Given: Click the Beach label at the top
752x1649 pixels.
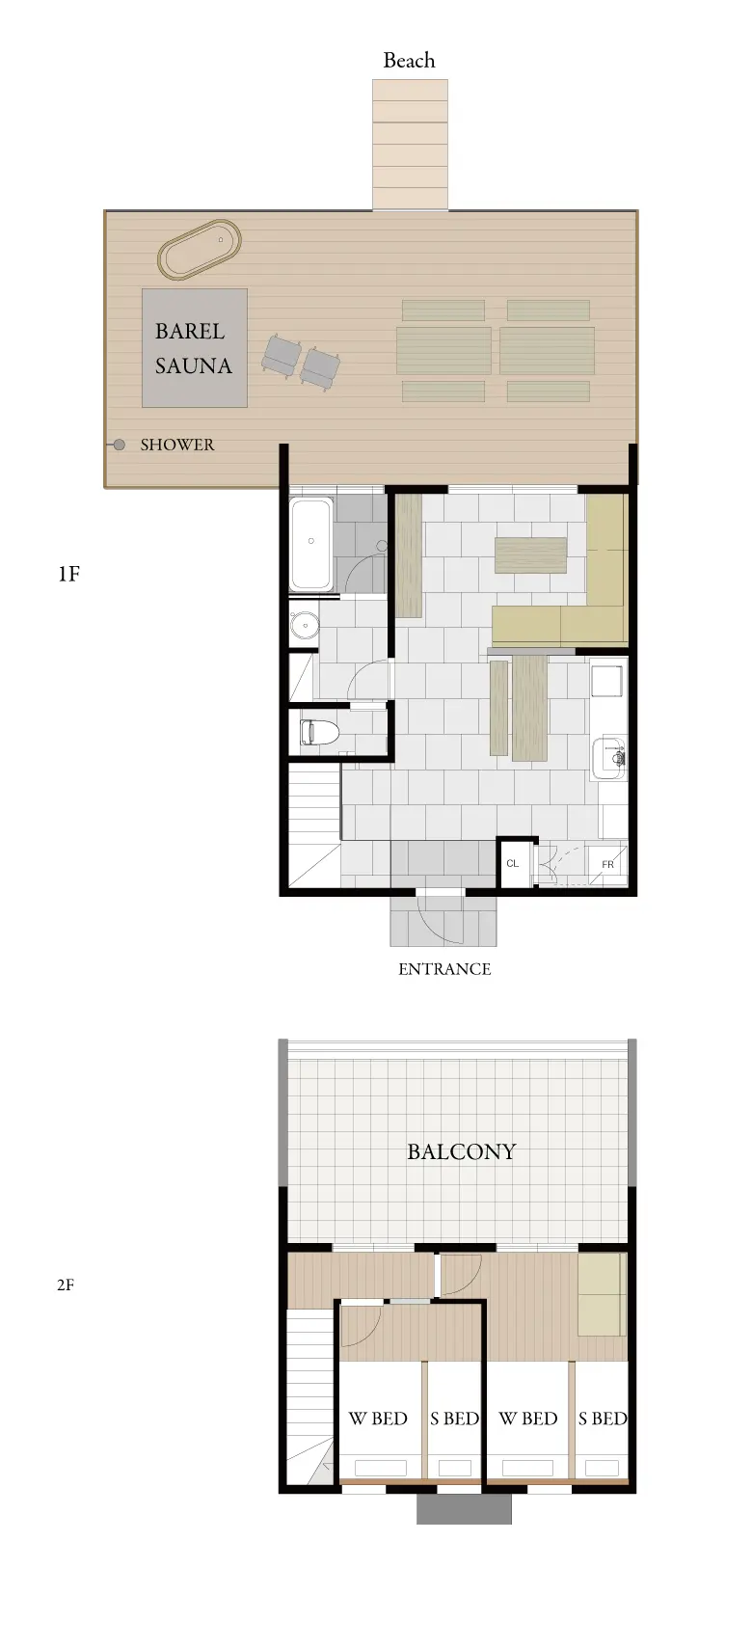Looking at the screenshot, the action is (409, 61).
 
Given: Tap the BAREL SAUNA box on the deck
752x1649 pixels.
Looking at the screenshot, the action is (194, 347).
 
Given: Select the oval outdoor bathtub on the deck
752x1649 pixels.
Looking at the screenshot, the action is (200, 249).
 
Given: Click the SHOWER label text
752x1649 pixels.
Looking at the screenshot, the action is (177, 445).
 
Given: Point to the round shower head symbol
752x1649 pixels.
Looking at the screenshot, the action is (120, 445).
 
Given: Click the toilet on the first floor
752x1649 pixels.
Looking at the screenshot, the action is (319, 733).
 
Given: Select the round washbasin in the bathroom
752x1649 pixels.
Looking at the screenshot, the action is (303, 626).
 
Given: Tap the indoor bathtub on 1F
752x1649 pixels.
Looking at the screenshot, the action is (311, 544).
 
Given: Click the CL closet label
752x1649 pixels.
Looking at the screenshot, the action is (513, 863).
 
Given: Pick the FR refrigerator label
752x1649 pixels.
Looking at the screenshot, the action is (607, 864).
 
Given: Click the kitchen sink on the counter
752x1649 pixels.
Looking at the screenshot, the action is (609, 758).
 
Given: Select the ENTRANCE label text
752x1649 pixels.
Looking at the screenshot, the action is (444, 969).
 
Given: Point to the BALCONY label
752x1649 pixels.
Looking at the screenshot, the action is (462, 1151).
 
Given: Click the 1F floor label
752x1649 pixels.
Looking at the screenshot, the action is (68, 574).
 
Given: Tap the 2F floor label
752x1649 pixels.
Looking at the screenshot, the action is (66, 1284).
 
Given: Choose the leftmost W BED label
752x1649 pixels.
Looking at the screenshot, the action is (378, 1418).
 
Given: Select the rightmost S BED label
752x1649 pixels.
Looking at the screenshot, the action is (603, 1418).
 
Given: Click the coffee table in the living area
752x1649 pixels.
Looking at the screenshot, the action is (530, 555).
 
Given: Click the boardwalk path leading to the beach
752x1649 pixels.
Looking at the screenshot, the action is (410, 145).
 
